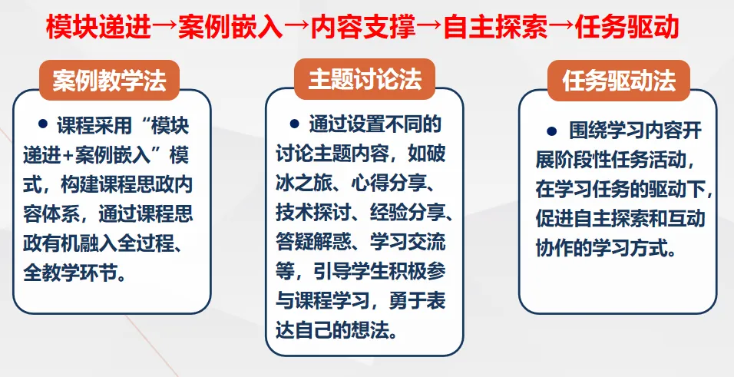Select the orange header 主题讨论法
[365, 80]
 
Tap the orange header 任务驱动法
[618, 81]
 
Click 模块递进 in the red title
[98, 28]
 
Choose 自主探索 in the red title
[494, 28]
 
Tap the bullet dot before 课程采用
[42, 124]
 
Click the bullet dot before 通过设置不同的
[294, 124]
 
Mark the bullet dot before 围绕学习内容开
[550, 131]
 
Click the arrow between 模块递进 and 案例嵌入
[164, 28]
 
